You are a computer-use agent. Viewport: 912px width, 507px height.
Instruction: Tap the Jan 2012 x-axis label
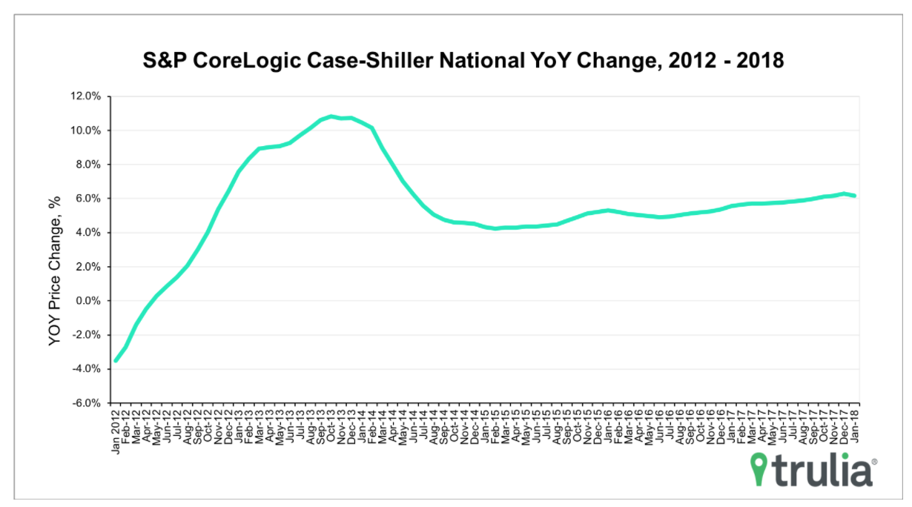click(x=116, y=431)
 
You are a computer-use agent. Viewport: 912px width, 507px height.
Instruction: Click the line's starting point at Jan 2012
click(x=116, y=361)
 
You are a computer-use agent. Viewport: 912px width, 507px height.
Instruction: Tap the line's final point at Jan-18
click(x=855, y=196)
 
